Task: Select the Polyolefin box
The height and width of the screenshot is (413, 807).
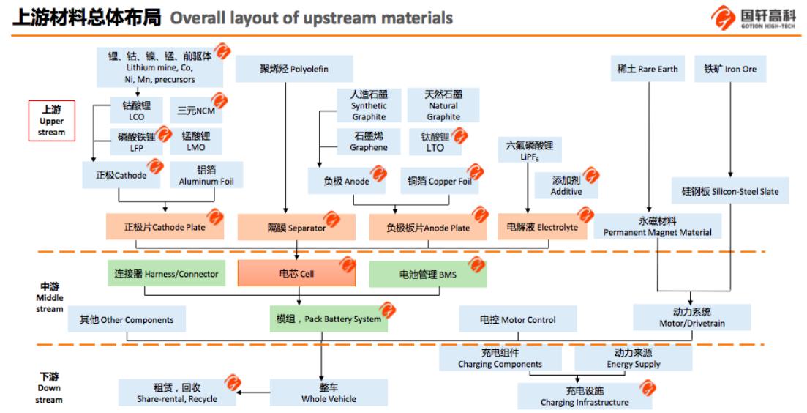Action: coord(294,70)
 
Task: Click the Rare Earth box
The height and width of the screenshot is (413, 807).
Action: coord(648,70)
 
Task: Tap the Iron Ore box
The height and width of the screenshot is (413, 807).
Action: coord(730,70)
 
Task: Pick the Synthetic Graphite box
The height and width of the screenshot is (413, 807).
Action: coord(369,105)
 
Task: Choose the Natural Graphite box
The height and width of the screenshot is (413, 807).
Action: coord(443,105)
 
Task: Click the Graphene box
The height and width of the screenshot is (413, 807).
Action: coord(369,141)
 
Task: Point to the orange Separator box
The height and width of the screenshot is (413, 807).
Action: coord(296,227)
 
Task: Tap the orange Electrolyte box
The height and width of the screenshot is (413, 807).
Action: coord(542,227)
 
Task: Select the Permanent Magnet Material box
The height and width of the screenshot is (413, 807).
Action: coord(657,226)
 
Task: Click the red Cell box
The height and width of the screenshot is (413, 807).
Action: coord(296,273)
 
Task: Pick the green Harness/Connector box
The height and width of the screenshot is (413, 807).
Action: coord(166,273)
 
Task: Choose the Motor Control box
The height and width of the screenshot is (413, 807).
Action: coord(517,319)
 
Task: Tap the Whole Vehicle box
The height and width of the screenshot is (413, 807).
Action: coord(329,392)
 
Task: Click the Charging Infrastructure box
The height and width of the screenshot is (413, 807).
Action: coord(584,396)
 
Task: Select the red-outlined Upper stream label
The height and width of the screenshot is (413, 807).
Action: coord(51,121)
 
